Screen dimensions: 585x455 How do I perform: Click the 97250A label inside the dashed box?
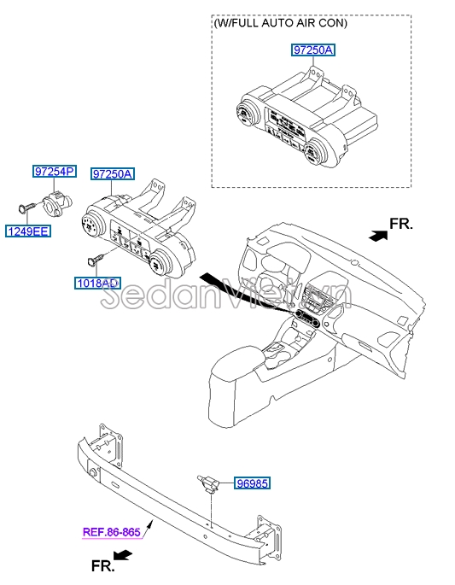tap(313, 50)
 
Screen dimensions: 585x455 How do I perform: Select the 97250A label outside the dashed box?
tap(113, 174)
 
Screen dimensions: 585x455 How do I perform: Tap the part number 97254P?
tap(55, 172)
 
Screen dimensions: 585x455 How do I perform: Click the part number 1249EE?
tap(29, 231)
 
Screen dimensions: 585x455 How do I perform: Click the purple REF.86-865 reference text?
tap(111, 532)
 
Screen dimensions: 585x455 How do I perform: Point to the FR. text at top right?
tap(401, 224)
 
